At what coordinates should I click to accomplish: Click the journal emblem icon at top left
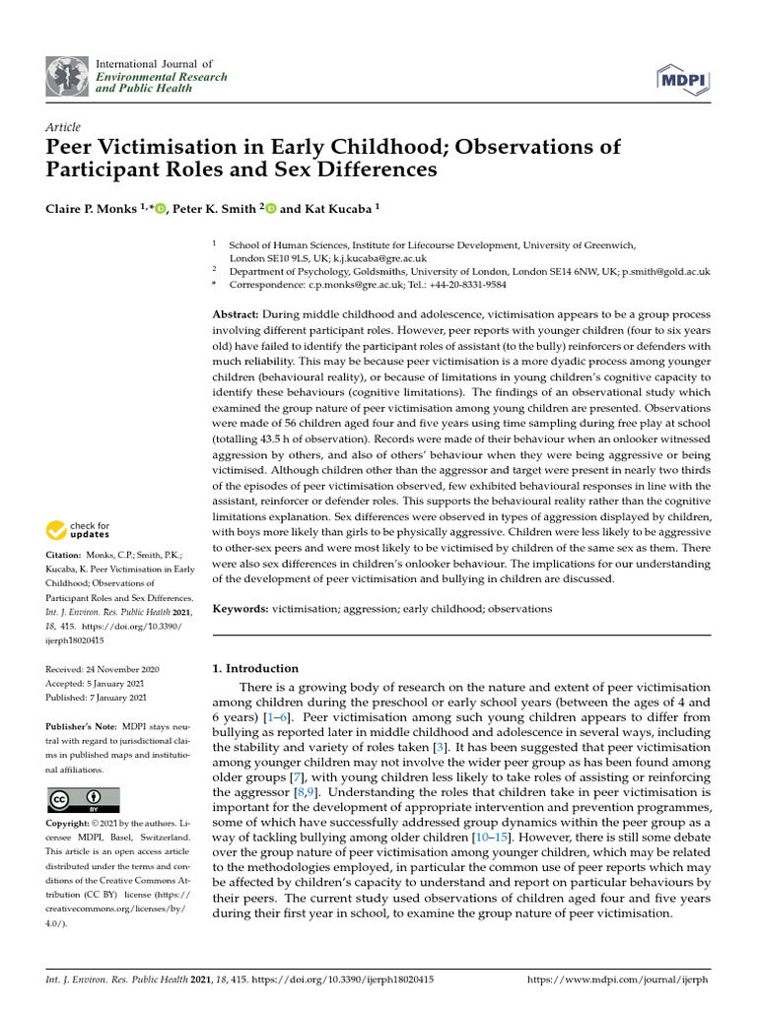[x=68, y=77]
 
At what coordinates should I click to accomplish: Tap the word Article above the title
[x=63, y=127]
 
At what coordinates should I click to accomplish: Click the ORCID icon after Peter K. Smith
[x=272, y=208]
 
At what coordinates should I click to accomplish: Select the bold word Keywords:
[x=241, y=609]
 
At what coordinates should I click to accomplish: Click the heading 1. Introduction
[x=255, y=668]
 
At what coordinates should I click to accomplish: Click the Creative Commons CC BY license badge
[x=83, y=799]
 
